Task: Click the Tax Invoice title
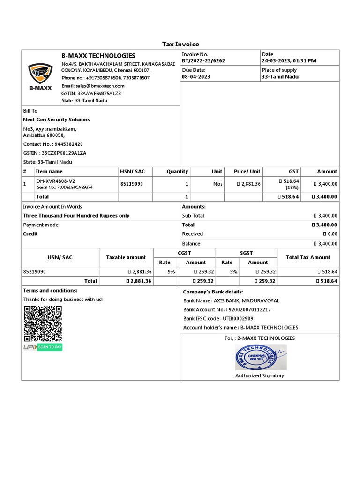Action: [x=180, y=44]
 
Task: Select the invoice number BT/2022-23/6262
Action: [x=203, y=61]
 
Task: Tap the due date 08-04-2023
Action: [x=196, y=77]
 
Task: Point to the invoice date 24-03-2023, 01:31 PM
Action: [x=289, y=61]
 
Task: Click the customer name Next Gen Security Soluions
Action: [x=56, y=120]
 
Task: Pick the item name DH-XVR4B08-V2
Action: [x=55, y=181]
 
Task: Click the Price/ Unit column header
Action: [x=247, y=172]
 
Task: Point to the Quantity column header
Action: [x=177, y=172]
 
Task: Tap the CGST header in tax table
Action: [x=184, y=253]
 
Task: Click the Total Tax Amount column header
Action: [x=308, y=257]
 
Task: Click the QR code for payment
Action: [x=43, y=323]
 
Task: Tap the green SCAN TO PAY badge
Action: [x=50, y=347]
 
